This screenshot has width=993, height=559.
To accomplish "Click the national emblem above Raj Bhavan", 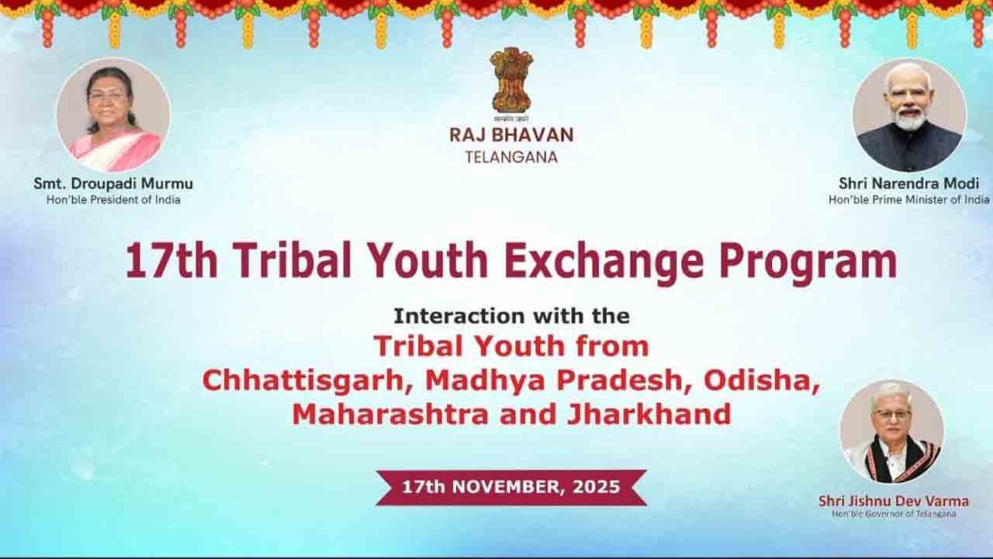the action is [x=511, y=85].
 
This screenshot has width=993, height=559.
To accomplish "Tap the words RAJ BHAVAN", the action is [x=511, y=135].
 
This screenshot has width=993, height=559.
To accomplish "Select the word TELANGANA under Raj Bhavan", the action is [x=511, y=158].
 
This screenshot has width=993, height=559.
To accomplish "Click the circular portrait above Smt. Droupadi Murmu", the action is [x=113, y=114].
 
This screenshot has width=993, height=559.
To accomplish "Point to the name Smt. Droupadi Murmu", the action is [x=113, y=184].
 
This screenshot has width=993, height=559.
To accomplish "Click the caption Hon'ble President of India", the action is [x=113, y=200].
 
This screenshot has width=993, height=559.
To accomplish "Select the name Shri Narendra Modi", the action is [x=908, y=184].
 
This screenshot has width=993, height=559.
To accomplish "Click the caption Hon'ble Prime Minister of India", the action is [x=908, y=200].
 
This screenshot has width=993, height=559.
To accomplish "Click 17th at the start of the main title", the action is [x=171, y=261].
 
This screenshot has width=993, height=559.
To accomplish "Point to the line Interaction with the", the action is [x=511, y=316].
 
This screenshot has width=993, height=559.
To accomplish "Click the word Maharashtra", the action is [x=390, y=415].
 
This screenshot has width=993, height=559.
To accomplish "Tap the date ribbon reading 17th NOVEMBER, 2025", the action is [x=511, y=487].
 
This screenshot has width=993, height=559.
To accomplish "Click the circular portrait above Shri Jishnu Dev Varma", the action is [x=892, y=432].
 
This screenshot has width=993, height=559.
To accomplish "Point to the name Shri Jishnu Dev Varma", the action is [x=893, y=501].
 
